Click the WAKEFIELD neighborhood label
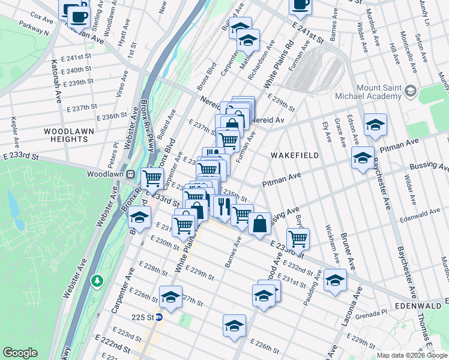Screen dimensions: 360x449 coord(294,155)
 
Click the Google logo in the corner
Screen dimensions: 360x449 coord(20,352)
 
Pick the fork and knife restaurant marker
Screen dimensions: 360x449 coord(223,206)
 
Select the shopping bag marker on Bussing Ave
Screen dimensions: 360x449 coord(259,224)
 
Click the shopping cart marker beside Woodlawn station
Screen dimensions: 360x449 coord(152,178)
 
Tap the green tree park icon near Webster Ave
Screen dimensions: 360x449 coord(97,280)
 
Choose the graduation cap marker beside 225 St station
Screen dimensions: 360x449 coord(170,297)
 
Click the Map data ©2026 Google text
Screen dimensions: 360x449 coord(411,355)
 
